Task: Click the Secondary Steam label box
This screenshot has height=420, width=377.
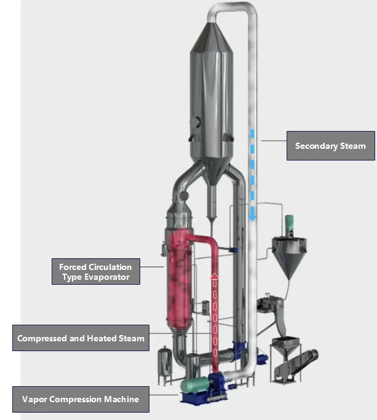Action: coord(330,146)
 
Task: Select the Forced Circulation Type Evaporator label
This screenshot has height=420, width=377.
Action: coord(95,272)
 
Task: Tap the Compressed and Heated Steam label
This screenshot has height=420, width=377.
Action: coord(81,338)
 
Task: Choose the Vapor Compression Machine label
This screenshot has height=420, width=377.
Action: coord(81,399)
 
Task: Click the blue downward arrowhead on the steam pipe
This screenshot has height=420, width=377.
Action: coord(252,216)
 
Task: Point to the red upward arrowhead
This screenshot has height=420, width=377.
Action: coord(215,277)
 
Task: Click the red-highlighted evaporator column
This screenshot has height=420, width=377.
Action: coord(178,277)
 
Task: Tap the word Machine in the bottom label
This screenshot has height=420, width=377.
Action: coord(121,399)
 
